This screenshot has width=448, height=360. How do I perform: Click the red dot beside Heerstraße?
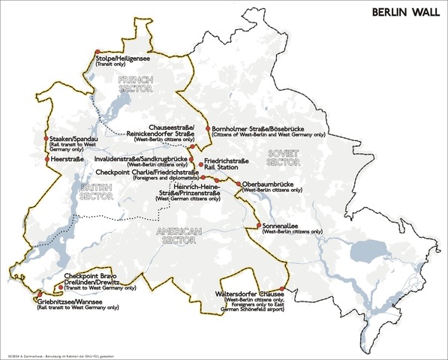(x=47, y=159)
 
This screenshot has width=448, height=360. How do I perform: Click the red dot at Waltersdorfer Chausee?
(x=282, y=289)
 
